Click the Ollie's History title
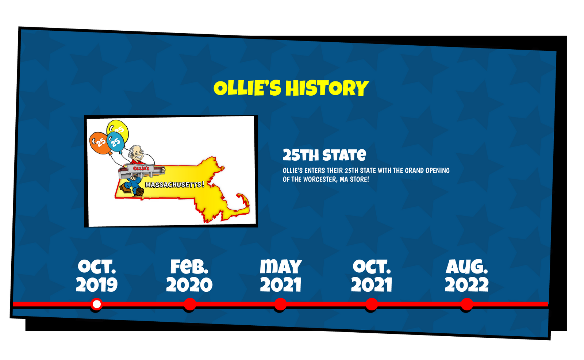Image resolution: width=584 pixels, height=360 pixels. click(291, 88)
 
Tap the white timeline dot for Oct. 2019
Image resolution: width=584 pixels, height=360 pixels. click(97, 304)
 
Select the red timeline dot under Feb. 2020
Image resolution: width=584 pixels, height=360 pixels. click(190, 304)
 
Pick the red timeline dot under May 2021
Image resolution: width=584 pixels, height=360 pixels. click(281, 304)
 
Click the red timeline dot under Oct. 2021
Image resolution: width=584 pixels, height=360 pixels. click(372, 304)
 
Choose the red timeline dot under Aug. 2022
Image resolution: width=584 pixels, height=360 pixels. click(467, 304)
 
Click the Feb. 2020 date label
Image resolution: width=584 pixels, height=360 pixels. click(189, 276)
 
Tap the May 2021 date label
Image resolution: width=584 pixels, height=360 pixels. click(281, 276)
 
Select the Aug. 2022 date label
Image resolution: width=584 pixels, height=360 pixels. click(467, 276)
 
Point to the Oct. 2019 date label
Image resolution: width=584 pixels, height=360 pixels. click(97, 276)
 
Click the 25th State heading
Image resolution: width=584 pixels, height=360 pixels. click(324, 155)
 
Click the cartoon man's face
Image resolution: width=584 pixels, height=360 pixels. click(137, 155)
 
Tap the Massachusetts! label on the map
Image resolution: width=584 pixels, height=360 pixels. click(175, 184)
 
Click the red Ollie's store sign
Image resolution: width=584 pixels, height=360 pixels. click(141, 168)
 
